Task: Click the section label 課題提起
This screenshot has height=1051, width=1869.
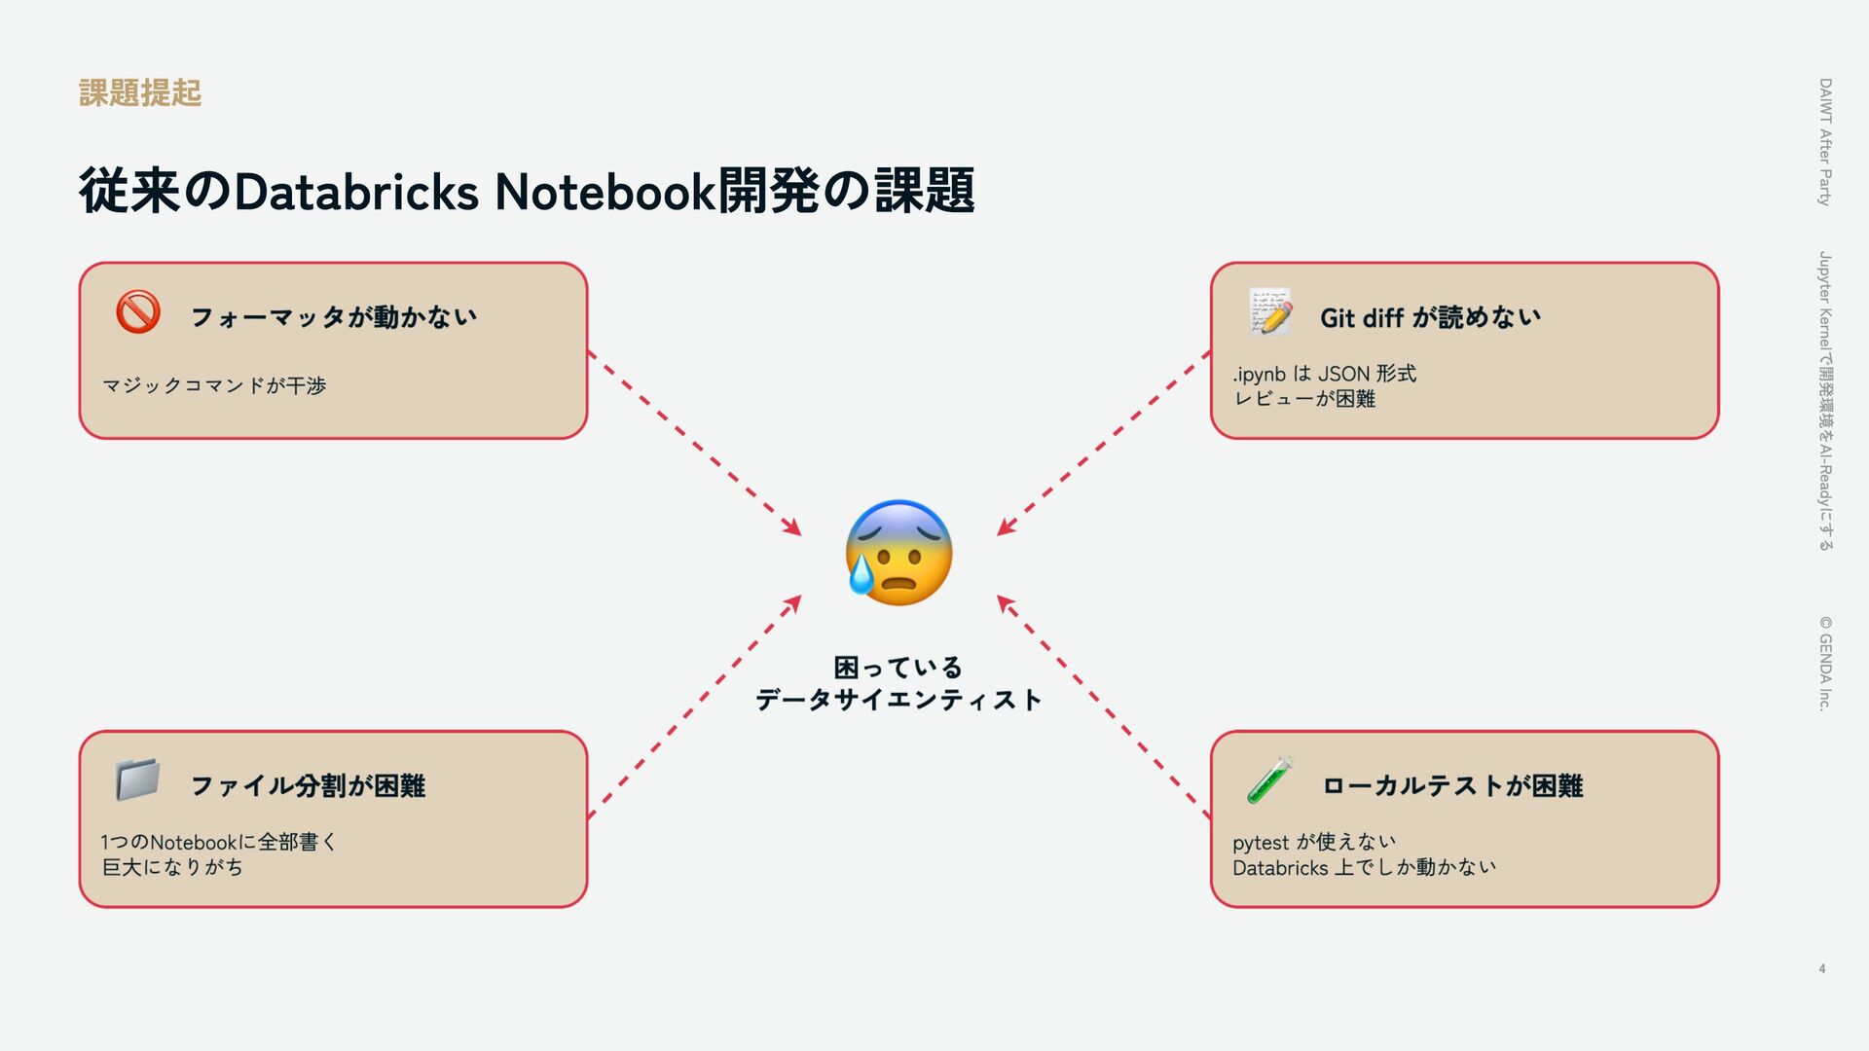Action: tap(140, 93)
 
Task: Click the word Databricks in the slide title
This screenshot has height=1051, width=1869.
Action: tap(356, 192)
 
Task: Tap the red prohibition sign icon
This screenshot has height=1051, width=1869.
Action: tap(138, 312)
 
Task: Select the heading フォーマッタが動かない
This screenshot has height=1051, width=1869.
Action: tap(334, 317)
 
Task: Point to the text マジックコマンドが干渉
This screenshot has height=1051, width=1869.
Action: tap(214, 385)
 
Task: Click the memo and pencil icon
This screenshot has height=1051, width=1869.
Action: tap(1271, 312)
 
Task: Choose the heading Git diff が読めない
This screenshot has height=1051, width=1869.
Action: tap(1430, 317)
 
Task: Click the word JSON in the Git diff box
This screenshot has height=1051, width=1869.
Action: tap(1343, 374)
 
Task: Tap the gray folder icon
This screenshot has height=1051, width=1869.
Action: tap(137, 780)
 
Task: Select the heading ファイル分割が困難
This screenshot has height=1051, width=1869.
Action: tap(308, 785)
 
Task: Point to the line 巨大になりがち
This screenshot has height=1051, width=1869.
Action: tap(172, 867)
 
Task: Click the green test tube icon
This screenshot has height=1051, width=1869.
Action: tap(1270, 780)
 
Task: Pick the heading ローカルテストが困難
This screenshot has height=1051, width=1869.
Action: tap(1452, 785)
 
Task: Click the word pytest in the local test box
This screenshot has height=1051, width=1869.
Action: tap(1260, 843)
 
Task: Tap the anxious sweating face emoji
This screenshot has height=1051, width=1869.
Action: tap(898, 553)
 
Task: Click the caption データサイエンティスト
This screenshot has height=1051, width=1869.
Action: tap(898, 700)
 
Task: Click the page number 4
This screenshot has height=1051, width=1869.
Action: tap(1821, 968)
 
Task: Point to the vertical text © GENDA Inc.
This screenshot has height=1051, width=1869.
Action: tap(1825, 663)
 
